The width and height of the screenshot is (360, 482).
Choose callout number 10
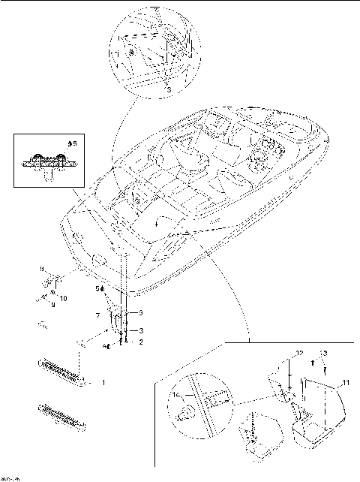click(64, 299)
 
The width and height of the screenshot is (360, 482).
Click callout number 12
click(298, 353)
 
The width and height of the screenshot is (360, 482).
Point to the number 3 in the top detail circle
click(168, 89)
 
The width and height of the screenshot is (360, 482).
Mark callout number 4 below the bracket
click(106, 346)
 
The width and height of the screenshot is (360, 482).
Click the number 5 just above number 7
click(97, 288)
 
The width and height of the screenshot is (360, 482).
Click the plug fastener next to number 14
click(186, 410)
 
